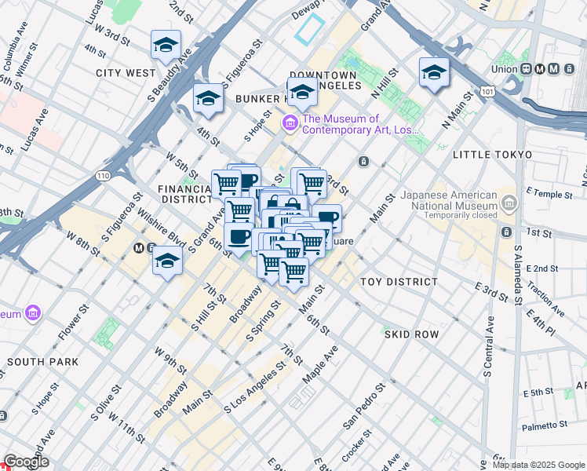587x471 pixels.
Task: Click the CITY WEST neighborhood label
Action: tap(126, 73)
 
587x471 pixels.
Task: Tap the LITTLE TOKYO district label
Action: tap(492, 155)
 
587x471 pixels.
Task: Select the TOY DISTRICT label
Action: tap(399, 282)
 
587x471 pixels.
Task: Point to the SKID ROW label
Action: tap(411, 334)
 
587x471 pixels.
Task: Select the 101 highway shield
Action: tap(488, 92)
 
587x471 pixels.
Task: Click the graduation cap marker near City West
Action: tap(166, 46)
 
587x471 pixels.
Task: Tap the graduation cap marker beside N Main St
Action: tap(434, 74)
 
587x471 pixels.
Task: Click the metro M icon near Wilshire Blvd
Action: tap(139, 248)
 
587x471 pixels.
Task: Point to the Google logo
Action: tap(27, 462)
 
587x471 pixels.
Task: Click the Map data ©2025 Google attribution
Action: tap(538, 465)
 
